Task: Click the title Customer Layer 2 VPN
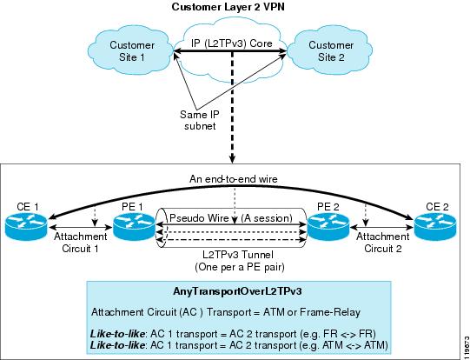(x=228, y=7)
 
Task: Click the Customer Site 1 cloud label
(x=132, y=51)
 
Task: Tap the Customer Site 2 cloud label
(x=331, y=51)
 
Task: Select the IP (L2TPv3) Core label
(x=232, y=43)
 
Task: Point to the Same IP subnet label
(x=200, y=120)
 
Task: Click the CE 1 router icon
(x=26, y=227)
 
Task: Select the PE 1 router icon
(x=133, y=227)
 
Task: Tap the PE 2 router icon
(x=328, y=227)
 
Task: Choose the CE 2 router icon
(x=435, y=227)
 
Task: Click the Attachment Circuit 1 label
(x=80, y=243)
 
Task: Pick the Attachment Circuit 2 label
(x=383, y=243)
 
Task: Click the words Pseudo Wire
(x=199, y=218)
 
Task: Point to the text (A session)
(x=267, y=218)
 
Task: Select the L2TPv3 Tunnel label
(x=238, y=255)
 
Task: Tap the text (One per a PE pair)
(x=240, y=267)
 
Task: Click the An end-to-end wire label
(x=234, y=179)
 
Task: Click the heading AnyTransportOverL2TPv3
(x=237, y=291)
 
